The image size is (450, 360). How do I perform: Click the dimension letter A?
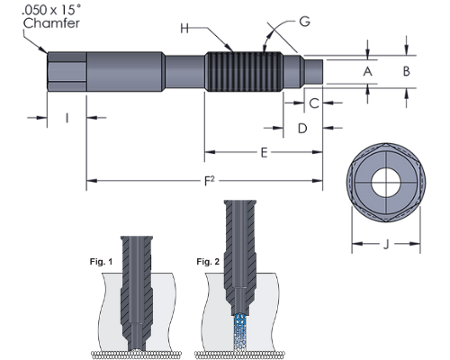point(367,72)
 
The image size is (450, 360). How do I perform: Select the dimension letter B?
point(406,71)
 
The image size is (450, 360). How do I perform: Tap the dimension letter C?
point(314,103)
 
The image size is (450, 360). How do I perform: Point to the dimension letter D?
point(302,129)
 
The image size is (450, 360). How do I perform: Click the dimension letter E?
point(264,153)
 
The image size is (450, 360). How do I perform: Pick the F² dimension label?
point(209,181)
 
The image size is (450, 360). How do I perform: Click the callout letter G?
point(304,22)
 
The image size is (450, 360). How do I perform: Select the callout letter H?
point(184,29)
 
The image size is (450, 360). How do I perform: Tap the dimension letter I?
point(67,118)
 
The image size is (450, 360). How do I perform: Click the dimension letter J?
point(386,245)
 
